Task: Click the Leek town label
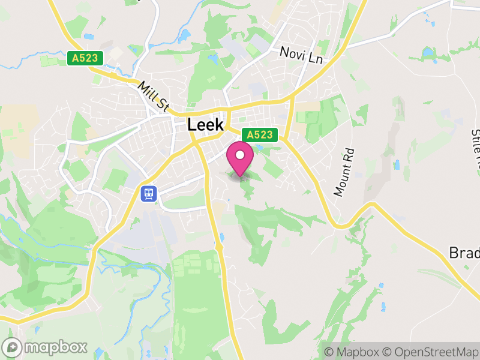click(205, 125)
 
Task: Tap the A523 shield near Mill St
click(85, 58)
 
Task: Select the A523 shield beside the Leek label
click(260, 135)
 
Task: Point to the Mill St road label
click(153, 96)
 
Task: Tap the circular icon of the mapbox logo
click(13, 347)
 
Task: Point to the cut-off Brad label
click(464, 253)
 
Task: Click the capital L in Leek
click(192, 125)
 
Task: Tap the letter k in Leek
click(219, 125)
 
